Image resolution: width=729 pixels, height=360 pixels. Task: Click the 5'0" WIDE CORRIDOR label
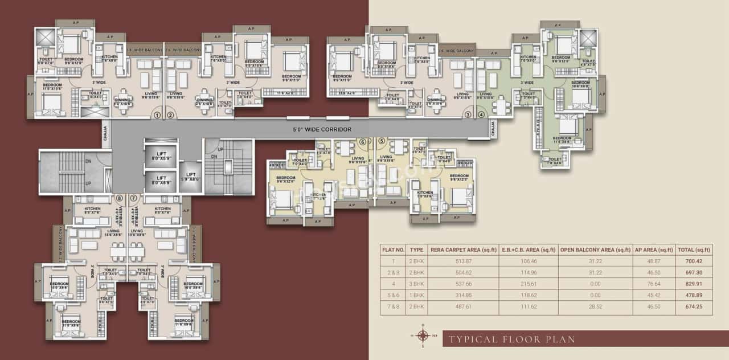coord(323,130)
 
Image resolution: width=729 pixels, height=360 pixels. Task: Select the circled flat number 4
coord(481,114)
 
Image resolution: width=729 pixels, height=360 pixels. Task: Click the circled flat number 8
coord(119,198)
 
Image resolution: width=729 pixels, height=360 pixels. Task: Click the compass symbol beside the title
coord(423,335)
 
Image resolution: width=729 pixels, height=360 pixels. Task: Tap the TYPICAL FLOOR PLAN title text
coord(511,339)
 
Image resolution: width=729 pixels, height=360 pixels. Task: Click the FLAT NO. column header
coord(393,249)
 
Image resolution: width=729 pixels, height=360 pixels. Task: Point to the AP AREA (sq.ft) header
coord(654,249)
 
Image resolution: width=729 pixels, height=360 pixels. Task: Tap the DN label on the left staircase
coord(88,161)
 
